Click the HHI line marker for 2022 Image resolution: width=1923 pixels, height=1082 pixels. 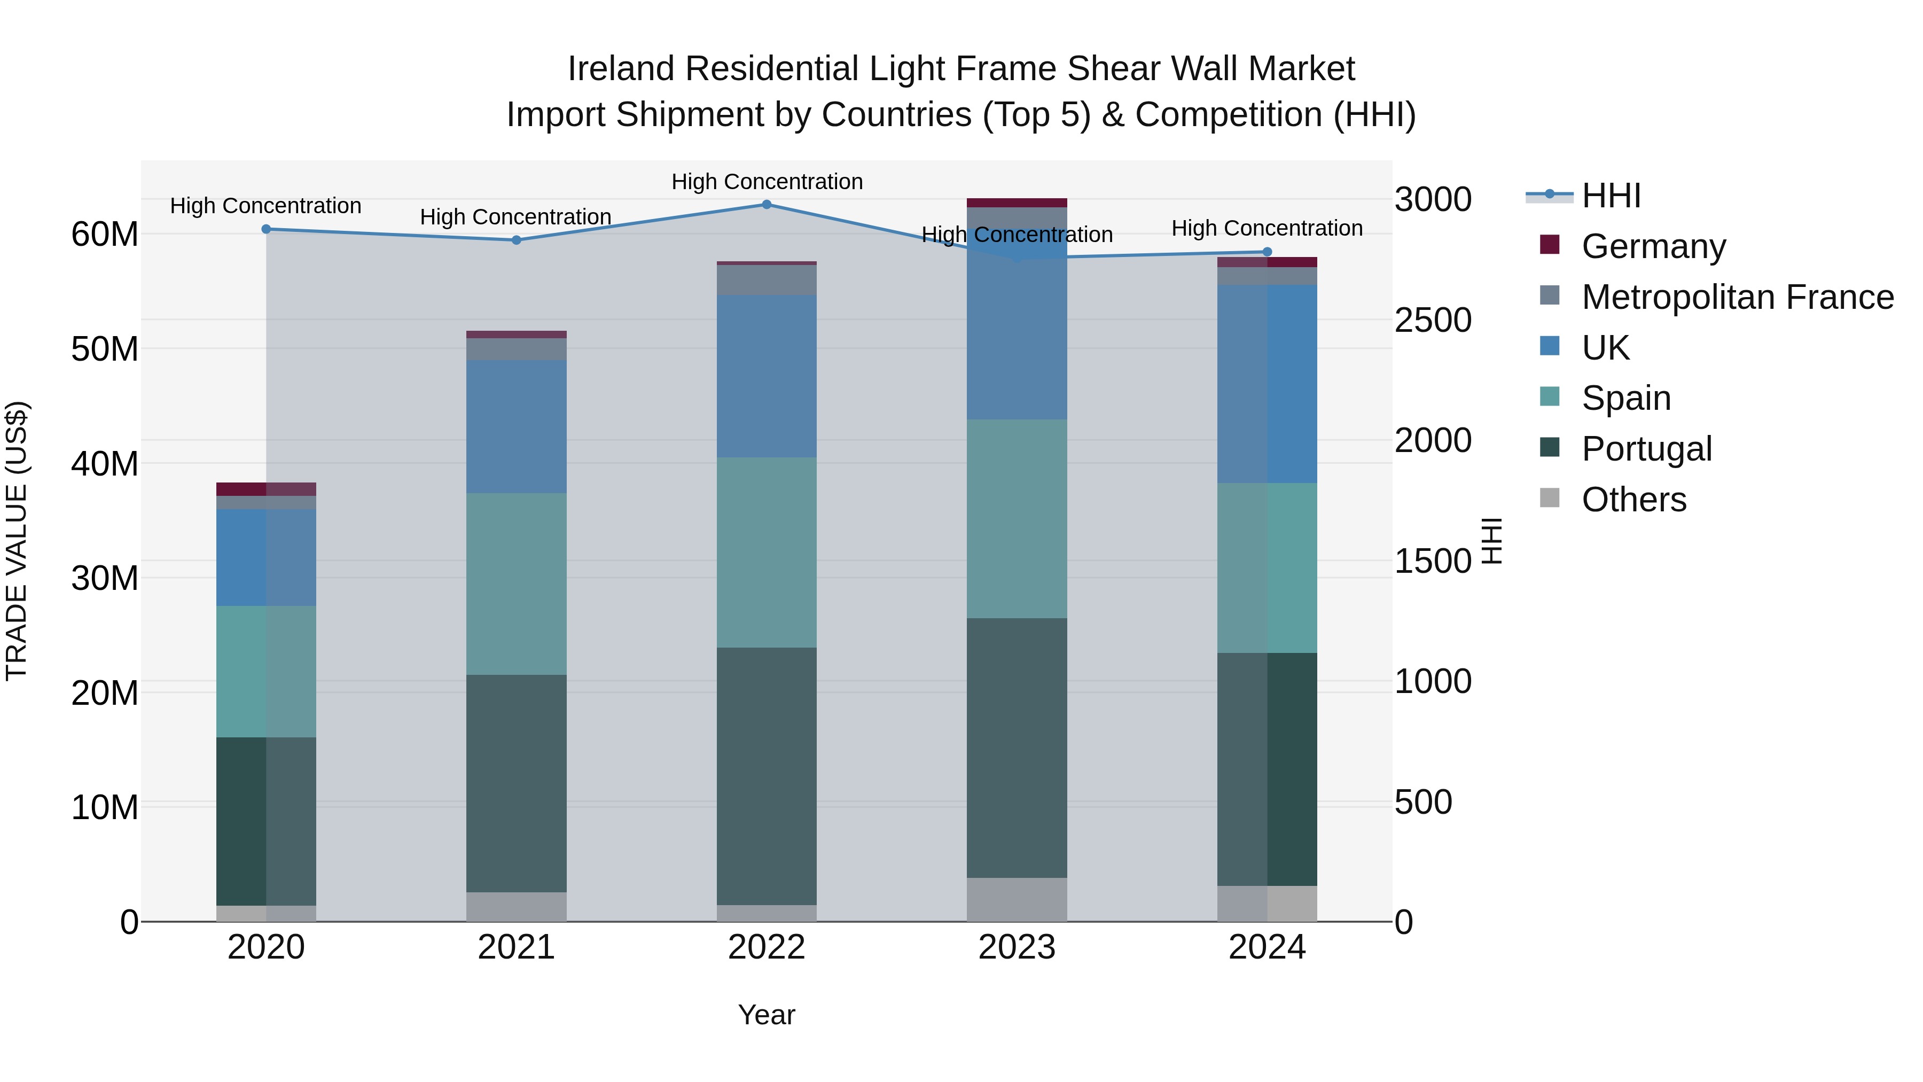coord(767,205)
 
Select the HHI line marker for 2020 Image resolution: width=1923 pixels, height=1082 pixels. coord(266,229)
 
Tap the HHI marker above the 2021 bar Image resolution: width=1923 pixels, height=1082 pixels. coord(516,240)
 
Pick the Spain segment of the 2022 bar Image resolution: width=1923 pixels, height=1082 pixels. coord(767,552)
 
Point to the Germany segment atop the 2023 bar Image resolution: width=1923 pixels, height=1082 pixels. coord(1017,203)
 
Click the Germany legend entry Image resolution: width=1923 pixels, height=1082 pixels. coord(1653,246)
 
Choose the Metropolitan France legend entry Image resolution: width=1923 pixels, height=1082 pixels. coord(1737,297)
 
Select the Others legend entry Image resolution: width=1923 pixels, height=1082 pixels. coord(1633,500)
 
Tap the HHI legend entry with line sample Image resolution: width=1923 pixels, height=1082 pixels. coord(1610,196)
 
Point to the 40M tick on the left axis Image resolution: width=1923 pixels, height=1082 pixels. coord(105,464)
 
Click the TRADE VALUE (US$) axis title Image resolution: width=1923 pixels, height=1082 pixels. coord(17,541)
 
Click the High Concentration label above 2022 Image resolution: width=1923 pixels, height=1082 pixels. coord(767,182)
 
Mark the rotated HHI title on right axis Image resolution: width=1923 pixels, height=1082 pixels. coord(1491,541)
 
